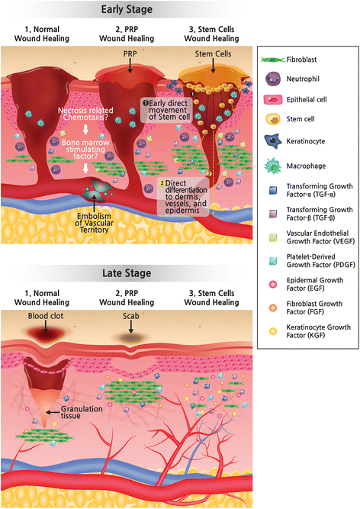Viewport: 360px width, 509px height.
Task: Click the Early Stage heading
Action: (126, 10)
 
